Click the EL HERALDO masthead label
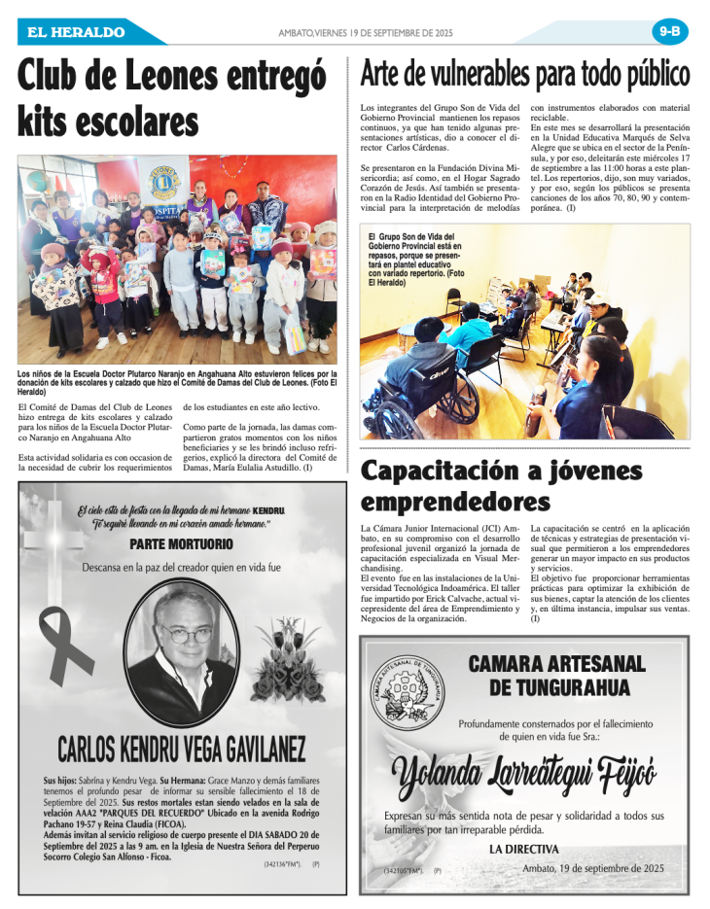coord(76,32)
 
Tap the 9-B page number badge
coord(670,31)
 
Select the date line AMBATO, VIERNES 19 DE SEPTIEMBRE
coord(366,32)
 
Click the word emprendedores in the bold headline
coord(455,502)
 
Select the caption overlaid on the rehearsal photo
coord(417,258)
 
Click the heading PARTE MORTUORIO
coord(182,543)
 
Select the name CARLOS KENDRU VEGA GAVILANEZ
coord(182,749)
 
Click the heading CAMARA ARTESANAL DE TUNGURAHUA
coord(556,675)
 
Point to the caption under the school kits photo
coord(178,381)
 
